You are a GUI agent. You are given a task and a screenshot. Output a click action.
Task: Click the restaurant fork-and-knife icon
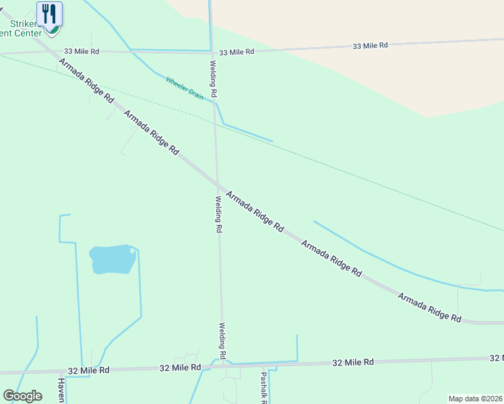coord(49,13)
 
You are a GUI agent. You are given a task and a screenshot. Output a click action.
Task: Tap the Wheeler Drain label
coord(185,87)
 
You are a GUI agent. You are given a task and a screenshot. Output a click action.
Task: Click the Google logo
coord(22,396)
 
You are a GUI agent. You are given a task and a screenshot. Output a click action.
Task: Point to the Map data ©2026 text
coord(474,399)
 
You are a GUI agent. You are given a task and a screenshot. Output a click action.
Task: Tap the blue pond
coord(112,259)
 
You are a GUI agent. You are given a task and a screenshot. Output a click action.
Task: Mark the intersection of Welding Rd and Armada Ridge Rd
coord(218,184)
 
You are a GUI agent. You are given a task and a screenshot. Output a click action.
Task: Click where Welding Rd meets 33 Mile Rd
coord(212,51)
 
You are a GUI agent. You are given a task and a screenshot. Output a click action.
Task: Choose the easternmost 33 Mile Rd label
coord(371,46)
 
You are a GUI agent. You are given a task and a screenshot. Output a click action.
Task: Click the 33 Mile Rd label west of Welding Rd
coord(82,51)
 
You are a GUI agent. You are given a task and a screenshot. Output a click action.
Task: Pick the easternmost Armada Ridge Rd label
coord(429,307)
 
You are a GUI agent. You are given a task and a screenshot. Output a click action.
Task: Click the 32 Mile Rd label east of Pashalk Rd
coord(353,362)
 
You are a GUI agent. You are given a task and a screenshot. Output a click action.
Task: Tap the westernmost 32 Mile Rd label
coord(89,370)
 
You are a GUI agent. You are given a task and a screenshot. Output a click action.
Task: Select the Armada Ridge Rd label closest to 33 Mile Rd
coord(86,80)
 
